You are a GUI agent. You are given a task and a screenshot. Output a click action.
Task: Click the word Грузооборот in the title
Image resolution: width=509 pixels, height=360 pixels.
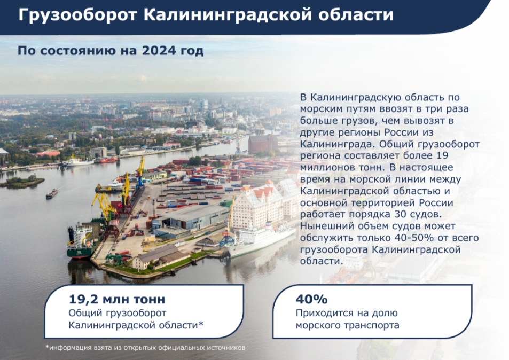coord(77,15)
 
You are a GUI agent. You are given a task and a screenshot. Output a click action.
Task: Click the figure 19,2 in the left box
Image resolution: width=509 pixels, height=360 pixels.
coord(83,299)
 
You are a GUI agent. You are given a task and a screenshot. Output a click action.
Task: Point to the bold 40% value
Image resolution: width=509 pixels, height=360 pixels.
coord(311,299)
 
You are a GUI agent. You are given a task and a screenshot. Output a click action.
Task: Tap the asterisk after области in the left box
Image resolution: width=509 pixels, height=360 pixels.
coord(201,323)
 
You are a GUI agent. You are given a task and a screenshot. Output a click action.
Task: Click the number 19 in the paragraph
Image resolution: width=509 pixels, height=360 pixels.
coord(442,155)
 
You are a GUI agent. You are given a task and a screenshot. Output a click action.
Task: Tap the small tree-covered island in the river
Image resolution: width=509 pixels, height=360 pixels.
coord(22,182)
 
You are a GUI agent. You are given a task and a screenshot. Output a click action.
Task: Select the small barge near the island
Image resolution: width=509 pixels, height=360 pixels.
coord(52,194)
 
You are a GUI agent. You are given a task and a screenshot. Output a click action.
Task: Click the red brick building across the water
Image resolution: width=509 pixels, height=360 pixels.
coord(263,143)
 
